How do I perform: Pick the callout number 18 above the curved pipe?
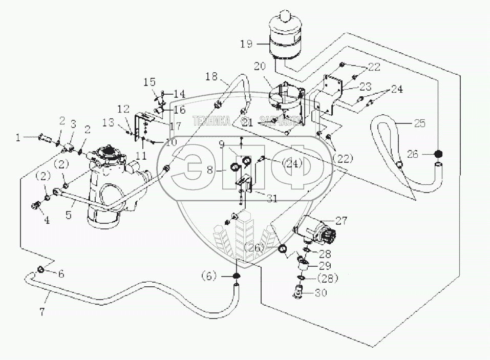[212, 77]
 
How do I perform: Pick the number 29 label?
[325, 266]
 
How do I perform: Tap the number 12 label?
[124, 109]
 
